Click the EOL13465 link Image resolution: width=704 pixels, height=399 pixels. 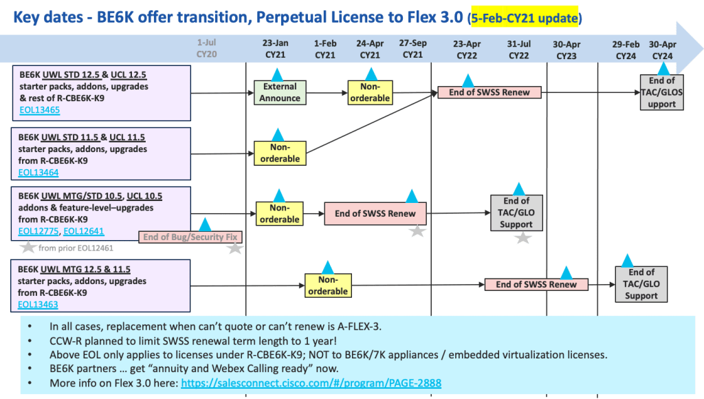coord(38,109)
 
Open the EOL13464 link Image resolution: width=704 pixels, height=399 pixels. coord(38,173)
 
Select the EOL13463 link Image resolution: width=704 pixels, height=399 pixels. coord(38,304)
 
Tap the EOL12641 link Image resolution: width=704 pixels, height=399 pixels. coord(82,231)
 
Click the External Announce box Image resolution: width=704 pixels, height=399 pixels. coord(279,92)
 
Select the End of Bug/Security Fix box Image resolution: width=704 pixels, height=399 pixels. coord(190,237)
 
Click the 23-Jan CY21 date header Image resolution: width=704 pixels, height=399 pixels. coord(276,49)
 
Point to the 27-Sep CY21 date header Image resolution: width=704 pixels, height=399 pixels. coord(412,49)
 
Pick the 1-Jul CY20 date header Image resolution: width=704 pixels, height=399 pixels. coord(206,49)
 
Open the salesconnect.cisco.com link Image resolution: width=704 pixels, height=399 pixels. coord(311,383)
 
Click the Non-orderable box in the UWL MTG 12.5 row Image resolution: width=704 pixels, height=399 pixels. coord(327,285)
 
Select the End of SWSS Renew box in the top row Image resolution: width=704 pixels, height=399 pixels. coord(489,92)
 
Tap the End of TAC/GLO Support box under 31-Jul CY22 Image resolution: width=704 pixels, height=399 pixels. coord(516,213)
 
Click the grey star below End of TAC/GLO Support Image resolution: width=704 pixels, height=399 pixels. coord(523,238)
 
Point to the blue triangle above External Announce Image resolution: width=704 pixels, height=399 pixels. coord(277,74)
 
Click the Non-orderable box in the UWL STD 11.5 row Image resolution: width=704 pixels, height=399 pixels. coord(279,153)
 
